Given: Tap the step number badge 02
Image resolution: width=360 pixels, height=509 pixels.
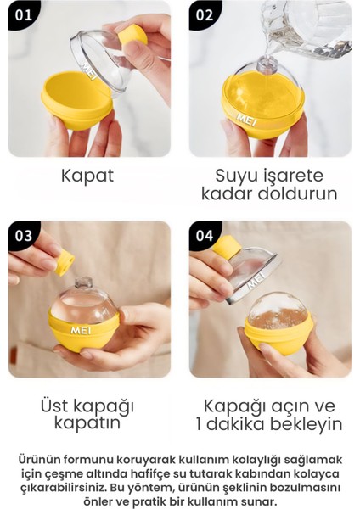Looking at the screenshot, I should point(204,14).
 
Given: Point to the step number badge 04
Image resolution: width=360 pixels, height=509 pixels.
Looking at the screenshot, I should point(204,235).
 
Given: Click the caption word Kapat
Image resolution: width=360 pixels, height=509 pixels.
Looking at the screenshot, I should point(87,176).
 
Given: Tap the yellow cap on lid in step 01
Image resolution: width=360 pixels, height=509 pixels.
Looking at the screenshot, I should point(132,35).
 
